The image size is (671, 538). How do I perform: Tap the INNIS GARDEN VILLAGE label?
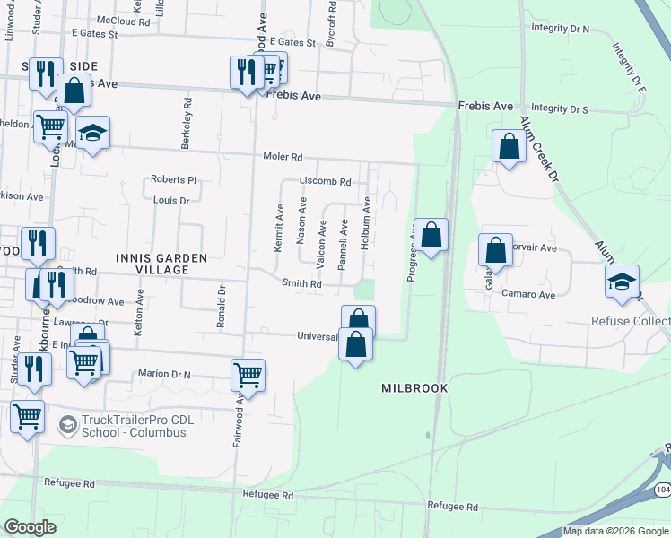pyautogui.click(x=162, y=264)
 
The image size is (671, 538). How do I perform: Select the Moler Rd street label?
pyautogui.click(x=283, y=157)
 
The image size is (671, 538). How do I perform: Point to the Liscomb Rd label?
pyautogui.click(x=325, y=181)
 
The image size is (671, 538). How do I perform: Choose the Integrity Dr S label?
pyautogui.click(x=560, y=109)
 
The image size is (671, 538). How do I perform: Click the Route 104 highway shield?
pyautogui.click(x=662, y=490)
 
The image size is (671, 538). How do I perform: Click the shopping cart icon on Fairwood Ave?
pyautogui.click(x=248, y=375)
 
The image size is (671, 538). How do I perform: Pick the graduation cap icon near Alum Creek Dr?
pyautogui.click(x=622, y=281)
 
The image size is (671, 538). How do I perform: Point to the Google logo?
pyautogui.click(x=30, y=527)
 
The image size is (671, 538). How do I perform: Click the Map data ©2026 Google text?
pyautogui.click(x=615, y=531)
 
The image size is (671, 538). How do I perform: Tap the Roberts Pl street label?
pyautogui.click(x=173, y=179)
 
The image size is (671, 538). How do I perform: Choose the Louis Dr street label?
pyautogui.click(x=171, y=201)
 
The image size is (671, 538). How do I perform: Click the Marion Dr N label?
pyautogui.click(x=167, y=373)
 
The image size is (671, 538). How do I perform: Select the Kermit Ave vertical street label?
pyautogui.click(x=279, y=231)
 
